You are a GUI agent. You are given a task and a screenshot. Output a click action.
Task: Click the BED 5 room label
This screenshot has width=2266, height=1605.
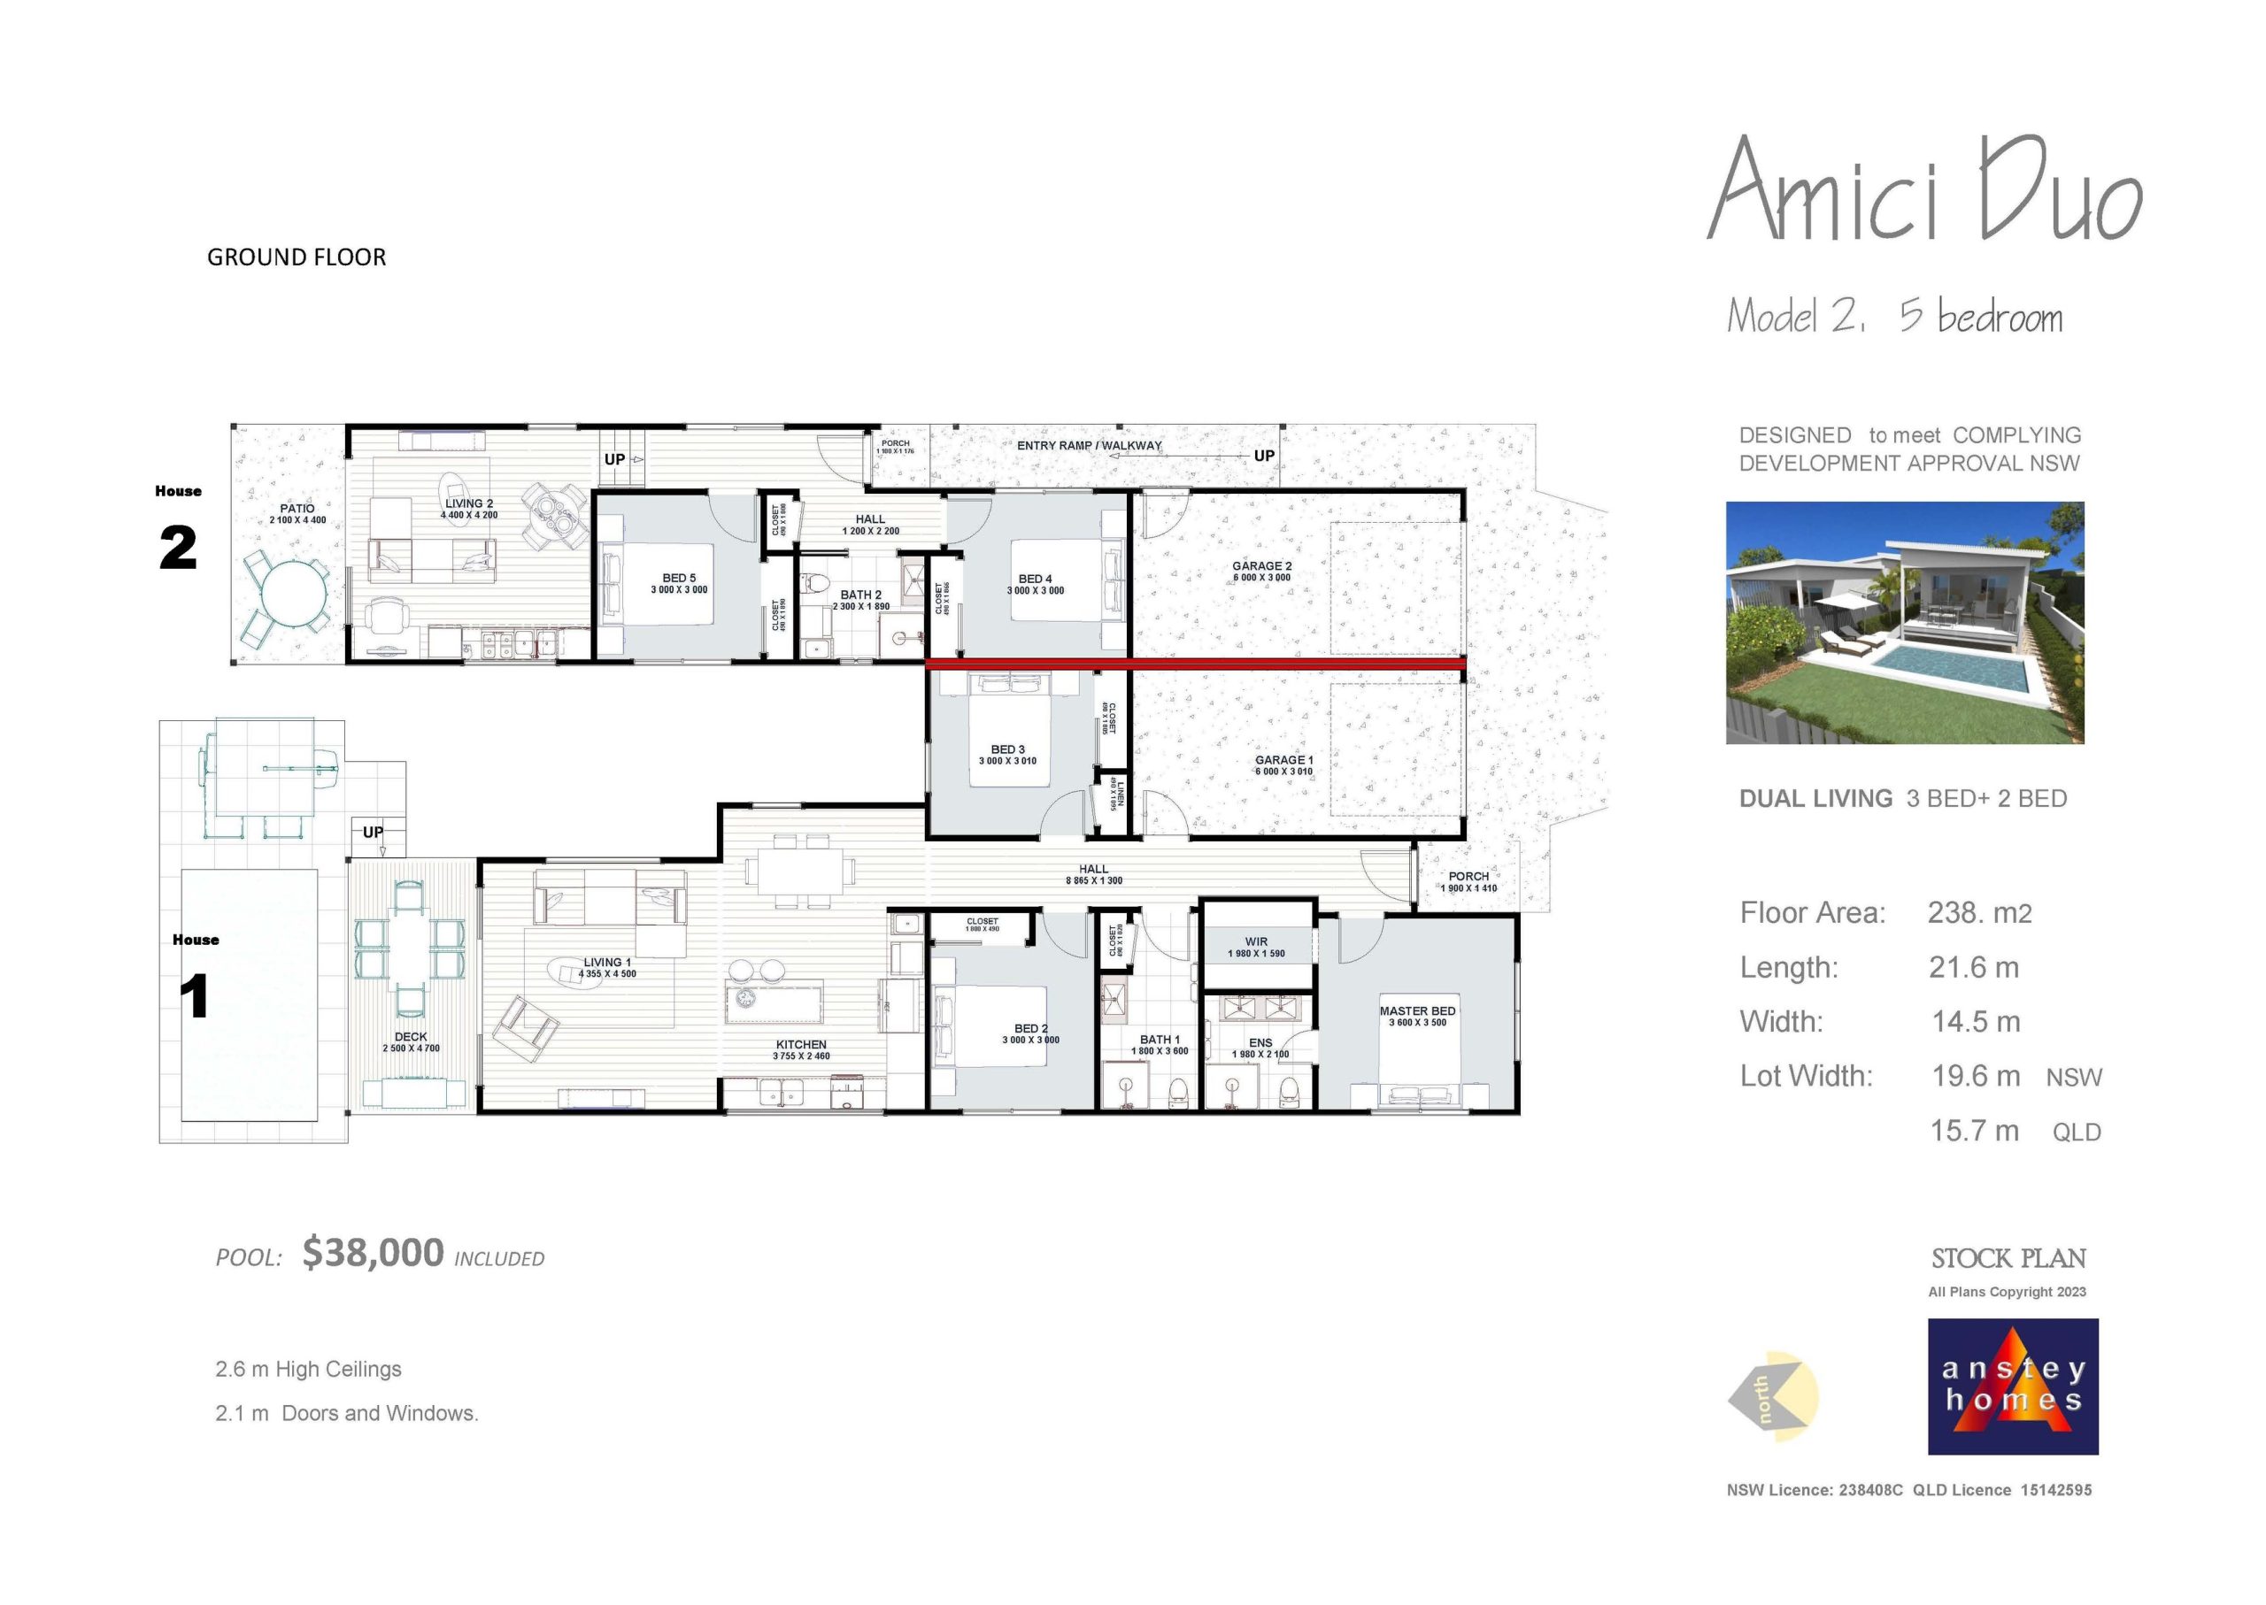tap(678, 578)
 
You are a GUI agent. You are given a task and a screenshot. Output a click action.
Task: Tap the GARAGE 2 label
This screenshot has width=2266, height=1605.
tap(1261, 566)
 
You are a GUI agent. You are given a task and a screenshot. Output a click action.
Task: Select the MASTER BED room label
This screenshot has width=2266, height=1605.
tap(1417, 1011)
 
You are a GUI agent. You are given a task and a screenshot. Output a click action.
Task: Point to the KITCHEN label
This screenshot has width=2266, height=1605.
tap(801, 1045)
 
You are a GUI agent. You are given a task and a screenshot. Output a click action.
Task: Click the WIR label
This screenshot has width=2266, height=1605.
tap(1255, 941)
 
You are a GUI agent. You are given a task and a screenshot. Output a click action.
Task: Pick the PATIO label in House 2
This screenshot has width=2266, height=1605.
tap(297, 508)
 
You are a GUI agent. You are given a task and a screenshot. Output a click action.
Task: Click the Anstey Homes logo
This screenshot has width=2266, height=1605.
tap(2012, 1386)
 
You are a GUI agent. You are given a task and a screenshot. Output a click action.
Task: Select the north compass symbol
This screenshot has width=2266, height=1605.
tap(1774, 1396)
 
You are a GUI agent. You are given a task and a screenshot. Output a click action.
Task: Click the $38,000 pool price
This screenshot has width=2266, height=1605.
tap(373, 1253)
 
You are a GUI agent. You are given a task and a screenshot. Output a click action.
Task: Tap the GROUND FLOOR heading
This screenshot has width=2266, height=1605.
tap(297, 257)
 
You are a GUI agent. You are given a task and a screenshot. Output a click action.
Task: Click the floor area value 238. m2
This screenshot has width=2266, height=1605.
tap(1979, 912)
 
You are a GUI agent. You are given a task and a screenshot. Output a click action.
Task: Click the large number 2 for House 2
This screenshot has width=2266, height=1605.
tap(178, 548)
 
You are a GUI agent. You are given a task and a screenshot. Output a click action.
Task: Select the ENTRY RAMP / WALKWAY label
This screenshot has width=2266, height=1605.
tap(1089, 446)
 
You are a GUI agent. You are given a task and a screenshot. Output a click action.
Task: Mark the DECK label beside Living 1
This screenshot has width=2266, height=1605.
tap(411, 1037)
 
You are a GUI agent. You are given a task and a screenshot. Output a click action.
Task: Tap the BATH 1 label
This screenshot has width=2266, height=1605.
tap(1159, 1040)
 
